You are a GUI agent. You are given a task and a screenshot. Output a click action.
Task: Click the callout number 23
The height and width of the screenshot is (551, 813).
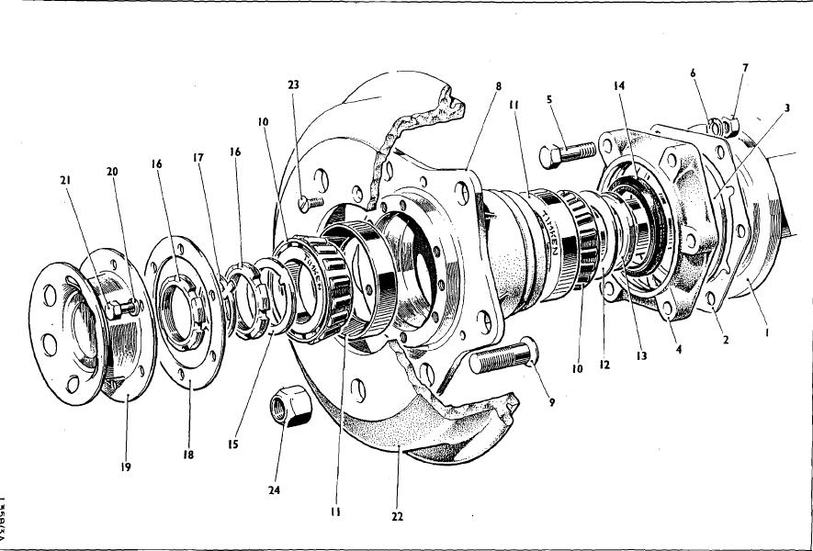point(293,84)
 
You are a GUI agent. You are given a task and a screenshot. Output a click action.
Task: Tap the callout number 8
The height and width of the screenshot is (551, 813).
point(498,86)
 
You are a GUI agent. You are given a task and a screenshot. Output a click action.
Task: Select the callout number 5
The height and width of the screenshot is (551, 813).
point(548,102)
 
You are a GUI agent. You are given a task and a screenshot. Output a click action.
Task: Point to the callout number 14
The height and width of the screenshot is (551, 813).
point(619,86)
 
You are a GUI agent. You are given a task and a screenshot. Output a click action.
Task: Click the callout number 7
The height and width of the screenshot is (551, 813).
point(745,68)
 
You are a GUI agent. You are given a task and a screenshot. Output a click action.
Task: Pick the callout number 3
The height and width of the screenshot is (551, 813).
point(786,108)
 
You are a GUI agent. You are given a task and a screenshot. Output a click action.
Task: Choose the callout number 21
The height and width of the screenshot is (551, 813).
point(65,180)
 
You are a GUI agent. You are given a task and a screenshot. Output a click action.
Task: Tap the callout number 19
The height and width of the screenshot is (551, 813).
point(125,467)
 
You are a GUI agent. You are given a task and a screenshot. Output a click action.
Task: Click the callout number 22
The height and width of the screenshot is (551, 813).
point(397,516)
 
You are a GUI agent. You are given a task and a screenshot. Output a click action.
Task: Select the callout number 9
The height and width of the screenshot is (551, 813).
point(551,401)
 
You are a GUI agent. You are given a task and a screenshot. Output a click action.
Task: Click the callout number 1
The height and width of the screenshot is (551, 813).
point(767,335)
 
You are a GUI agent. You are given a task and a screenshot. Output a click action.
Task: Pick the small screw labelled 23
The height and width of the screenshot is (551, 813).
point(311,200)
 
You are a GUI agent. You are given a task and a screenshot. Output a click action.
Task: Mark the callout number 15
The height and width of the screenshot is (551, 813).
point(234,444)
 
